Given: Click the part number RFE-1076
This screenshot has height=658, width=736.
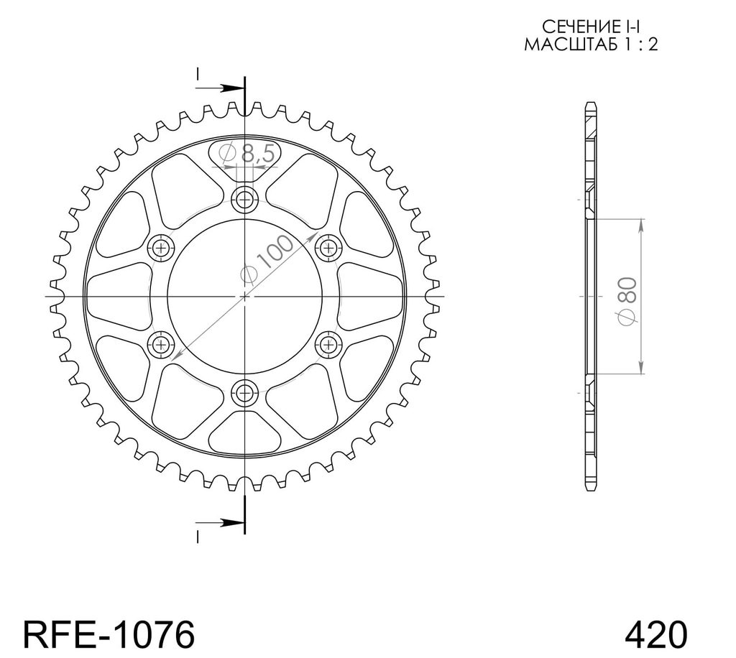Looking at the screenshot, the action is click(x=109, y=635).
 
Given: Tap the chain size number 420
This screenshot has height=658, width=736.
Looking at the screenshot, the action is click(x=656, y=635).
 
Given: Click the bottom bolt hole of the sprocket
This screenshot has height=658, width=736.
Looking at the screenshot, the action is click(x=244, y=392).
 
